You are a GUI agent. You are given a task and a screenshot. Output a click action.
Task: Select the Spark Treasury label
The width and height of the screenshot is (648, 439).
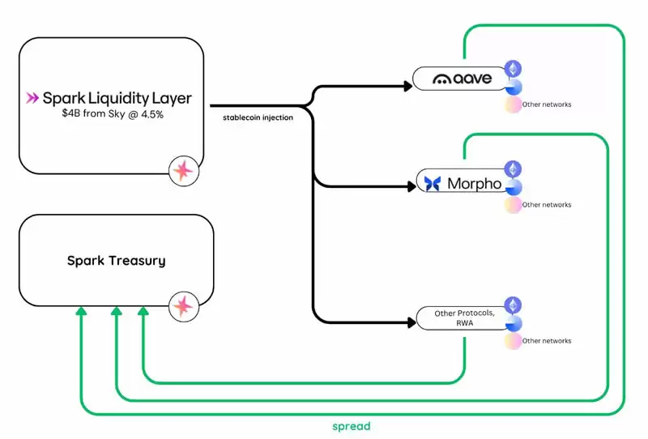coord(116,261)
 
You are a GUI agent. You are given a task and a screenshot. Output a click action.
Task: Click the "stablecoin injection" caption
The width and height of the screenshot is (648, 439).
coord(258,117)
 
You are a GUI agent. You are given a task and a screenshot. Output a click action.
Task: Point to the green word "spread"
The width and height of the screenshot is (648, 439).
coord(351,425)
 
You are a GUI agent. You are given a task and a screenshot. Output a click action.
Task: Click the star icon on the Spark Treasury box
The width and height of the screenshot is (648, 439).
coord(183,305)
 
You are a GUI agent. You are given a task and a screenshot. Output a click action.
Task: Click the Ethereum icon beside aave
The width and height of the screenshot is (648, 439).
coord(512,68)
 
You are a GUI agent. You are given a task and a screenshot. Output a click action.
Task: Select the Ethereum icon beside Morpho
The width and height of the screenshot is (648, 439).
coord(513,168)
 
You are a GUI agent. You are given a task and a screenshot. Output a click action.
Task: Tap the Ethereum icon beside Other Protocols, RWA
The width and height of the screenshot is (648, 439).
coord(513,305)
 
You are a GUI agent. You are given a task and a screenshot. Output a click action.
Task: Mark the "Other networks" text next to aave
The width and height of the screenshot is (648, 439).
coord(547,104)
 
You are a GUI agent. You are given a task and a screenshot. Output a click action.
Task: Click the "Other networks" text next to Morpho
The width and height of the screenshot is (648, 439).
coord(547,205)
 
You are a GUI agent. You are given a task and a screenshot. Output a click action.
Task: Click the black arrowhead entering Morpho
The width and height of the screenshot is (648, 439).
coord(411,185)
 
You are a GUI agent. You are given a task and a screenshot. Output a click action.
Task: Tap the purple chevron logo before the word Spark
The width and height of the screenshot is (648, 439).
coord(32,98)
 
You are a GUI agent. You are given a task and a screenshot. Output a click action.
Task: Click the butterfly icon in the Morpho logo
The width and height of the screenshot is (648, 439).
coord(433,183)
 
